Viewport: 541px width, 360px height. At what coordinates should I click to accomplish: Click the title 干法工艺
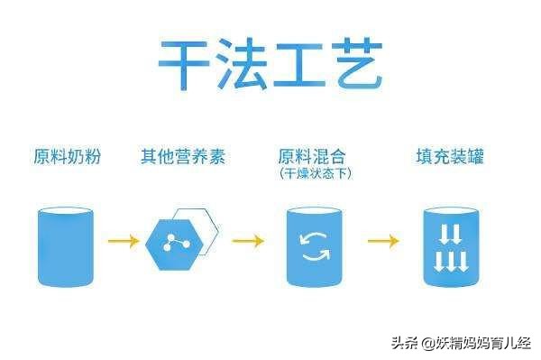(270, 64)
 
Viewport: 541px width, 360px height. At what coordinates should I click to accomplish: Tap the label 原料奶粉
(67, 157)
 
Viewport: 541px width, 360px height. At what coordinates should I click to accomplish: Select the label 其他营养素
(182, 157)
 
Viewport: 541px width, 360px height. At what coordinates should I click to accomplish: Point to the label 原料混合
(314, 155)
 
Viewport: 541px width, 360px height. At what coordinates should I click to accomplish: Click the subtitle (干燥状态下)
(315, 173)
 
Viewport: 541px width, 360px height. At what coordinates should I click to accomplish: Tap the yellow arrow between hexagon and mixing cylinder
(247, 241)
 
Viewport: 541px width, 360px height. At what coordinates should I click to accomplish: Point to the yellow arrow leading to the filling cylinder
(382, 241)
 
